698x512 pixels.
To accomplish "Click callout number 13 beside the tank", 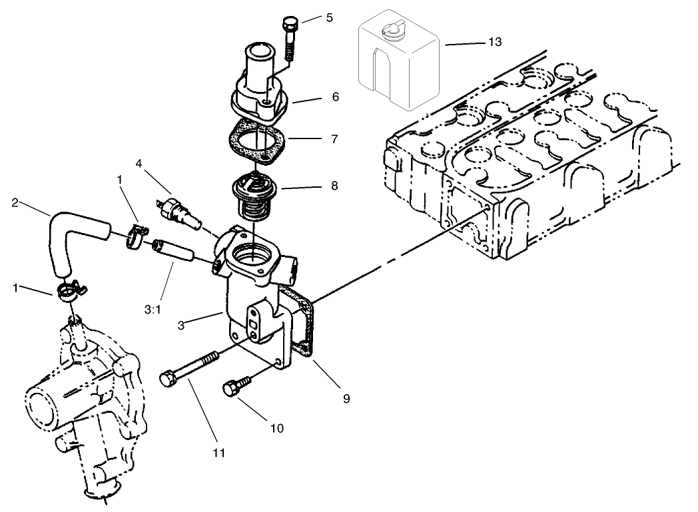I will (x=495, y=42).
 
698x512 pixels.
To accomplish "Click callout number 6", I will (x=335, y=97).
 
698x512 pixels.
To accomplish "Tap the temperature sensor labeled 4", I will (x=177, y=210).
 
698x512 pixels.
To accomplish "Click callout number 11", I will (x=219, y=453).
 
